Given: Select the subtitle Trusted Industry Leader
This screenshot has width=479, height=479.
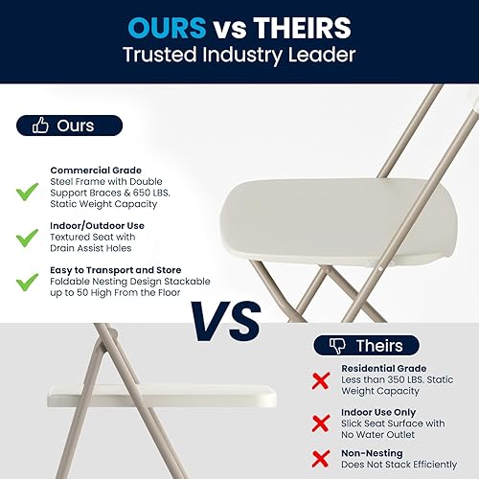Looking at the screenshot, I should [x=239, y=56].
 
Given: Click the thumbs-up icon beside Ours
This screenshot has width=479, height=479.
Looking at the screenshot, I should [x=40, y=125].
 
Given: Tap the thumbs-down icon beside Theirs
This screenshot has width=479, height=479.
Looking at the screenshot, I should [x=336, y=345].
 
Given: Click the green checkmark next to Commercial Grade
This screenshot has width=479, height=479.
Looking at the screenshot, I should [x=27, y=193].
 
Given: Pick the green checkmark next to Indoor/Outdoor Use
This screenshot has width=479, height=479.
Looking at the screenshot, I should [x=27, y=237].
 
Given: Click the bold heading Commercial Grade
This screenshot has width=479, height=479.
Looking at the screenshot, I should [x=95, y=169].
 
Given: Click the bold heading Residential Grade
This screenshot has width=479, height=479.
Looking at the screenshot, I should [x=384, y=368].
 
